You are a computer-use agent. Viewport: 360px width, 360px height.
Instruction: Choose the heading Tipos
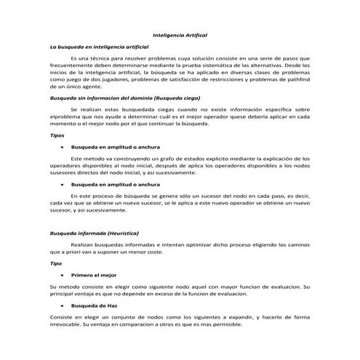[x=56, y=135]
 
